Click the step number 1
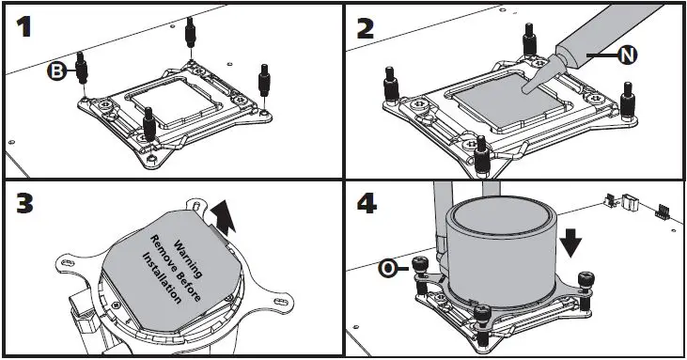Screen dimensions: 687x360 tap(24, 27)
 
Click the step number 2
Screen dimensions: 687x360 tap(366, 28)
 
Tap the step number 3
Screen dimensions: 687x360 tap(24, 204)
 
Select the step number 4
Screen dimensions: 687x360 tap(367, 204)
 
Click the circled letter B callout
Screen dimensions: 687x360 tap(57, 71)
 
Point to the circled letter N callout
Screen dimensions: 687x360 tap(628, 55)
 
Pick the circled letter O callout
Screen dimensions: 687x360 tap(388, 269)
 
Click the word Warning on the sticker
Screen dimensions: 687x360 tap(189, 259)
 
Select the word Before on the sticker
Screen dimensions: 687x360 tap(189, 285)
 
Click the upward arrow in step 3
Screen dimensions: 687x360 tap(224, 217)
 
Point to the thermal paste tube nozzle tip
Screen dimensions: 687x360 tap(525, 89)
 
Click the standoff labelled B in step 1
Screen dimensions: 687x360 tap(82, 68)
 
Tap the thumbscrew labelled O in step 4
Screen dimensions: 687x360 tap(421, 275)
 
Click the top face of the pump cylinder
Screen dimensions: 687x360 tap(500, 215)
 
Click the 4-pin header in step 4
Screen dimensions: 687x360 tap(661, 211)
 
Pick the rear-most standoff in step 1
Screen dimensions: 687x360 tap(190, 33)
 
